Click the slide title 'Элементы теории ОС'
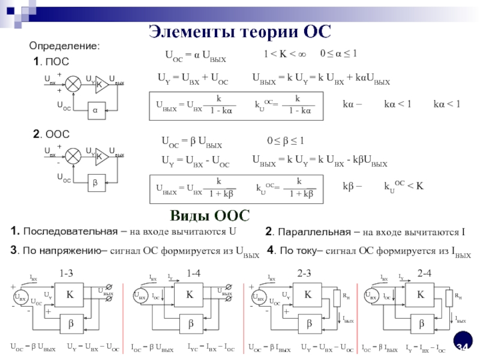coord(239,30)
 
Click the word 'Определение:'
coord(65,46)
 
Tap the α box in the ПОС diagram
coord(95,110)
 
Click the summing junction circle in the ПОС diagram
coord(73,83)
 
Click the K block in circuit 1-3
coord(70,295)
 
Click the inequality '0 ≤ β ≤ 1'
coord(286,142)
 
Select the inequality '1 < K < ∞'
coord(285,55)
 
